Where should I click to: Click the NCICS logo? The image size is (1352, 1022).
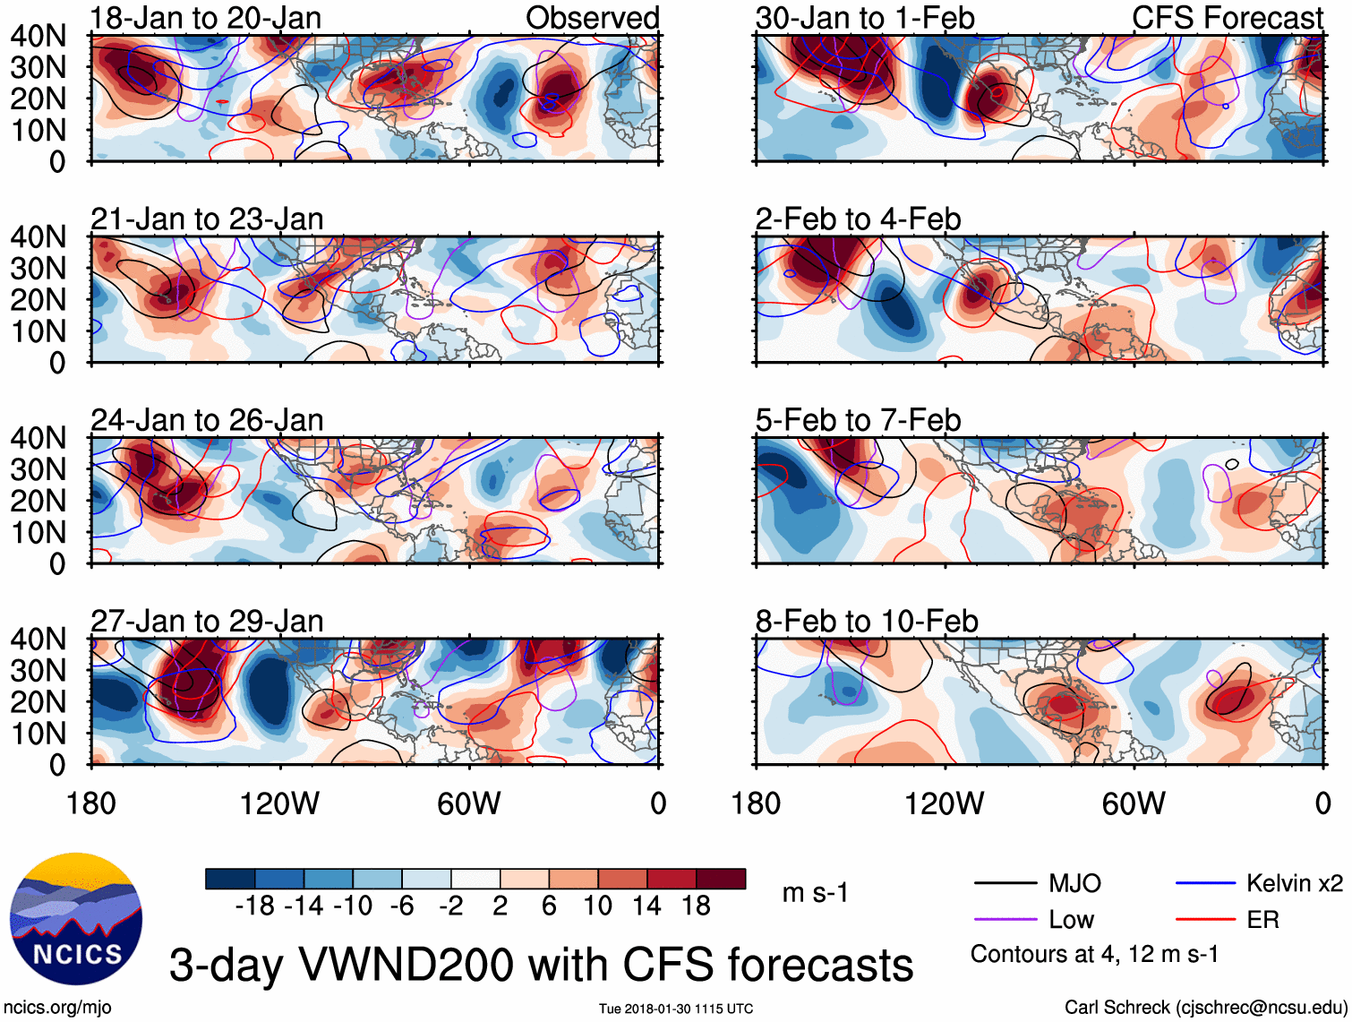pos(75,917)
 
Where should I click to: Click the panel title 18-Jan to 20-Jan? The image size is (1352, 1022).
pos(206,18)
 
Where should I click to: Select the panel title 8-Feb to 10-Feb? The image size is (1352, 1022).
pos(866,621)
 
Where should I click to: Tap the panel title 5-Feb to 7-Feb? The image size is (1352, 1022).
pos(858,420)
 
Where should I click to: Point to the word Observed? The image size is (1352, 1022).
pos(592,18)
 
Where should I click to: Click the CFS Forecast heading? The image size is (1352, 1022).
pos(1227,18)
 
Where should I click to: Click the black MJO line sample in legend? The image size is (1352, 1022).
pos(1005,884)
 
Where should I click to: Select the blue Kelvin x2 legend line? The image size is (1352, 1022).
pos(1205,884)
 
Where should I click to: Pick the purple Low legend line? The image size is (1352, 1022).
pos(1005,920)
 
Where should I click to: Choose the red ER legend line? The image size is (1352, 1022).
pos(1205,920)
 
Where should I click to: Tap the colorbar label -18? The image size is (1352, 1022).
pos(254,906)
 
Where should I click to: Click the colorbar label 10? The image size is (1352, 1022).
pos(597,906)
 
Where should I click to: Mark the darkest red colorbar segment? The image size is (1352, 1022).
pos(721,879)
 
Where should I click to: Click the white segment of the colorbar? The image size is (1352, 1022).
pos(475,879)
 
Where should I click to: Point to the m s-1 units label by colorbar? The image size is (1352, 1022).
pos(815,893)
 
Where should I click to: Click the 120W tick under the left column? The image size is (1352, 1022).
pos(279,803)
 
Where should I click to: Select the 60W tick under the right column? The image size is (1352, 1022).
pos(1134,803)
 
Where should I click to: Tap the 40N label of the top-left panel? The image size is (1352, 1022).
pos(38,36)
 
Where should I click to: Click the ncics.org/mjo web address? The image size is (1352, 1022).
pos(57,1008)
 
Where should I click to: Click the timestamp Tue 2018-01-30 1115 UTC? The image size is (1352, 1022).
pos(676,1009)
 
